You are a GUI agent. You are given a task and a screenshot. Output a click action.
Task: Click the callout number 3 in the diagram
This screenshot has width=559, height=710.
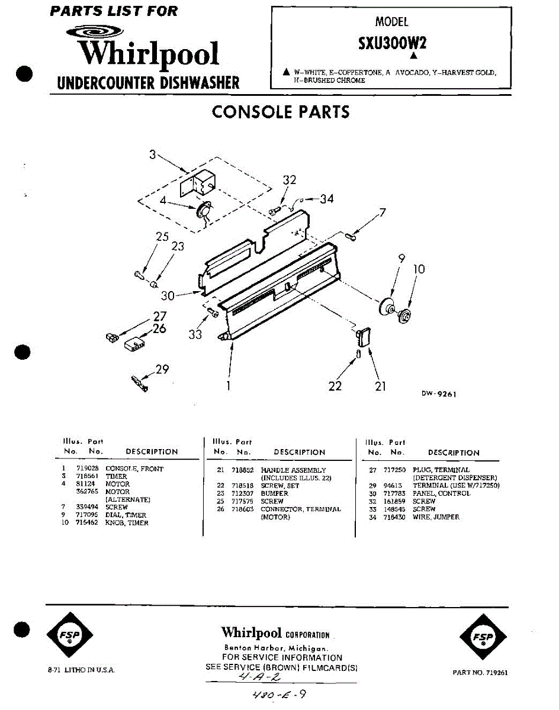point(153,155)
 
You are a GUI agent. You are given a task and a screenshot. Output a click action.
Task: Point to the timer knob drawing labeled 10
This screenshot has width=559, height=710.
point(405,316)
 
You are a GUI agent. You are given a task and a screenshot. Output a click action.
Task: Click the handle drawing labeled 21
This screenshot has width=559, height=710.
point(363,337)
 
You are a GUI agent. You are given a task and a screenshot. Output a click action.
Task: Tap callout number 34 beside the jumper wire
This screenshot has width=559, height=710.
point(327,199)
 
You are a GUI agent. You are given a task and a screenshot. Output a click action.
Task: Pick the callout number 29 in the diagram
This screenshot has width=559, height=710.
point(162,370)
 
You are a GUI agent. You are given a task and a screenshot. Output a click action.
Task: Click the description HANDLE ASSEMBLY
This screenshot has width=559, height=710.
point(293,470)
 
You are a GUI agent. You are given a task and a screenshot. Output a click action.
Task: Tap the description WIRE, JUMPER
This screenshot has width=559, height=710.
point(436,517)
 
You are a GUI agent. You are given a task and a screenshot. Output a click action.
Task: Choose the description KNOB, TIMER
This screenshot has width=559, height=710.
point(127,523)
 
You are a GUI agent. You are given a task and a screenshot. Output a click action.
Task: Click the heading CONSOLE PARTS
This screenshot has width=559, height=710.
point(280,112)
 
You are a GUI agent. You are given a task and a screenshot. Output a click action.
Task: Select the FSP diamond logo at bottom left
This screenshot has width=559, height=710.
point(69,636)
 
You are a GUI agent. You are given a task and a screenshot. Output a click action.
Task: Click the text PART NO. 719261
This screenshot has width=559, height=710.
point(480,673)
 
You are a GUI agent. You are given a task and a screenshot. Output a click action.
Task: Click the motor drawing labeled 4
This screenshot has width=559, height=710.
point(204,211)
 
